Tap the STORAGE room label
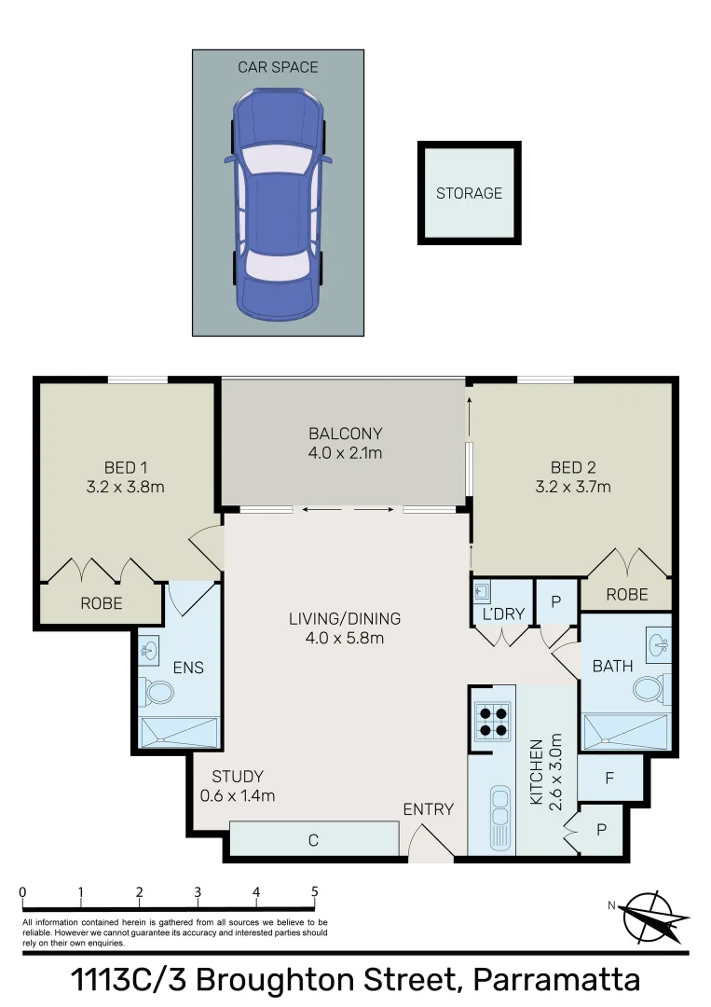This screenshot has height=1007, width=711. [x=469, y=194]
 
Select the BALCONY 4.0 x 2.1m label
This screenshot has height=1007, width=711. [x=346, y=444]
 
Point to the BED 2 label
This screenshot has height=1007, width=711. [x=573, y=468]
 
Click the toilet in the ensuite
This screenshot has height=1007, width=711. [x=157, y=693]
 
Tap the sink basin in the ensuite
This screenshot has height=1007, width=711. [x=149, y=647]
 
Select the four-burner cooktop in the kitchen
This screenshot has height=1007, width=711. [x=493, y=720]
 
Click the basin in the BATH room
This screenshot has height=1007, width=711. [x=658, y=642]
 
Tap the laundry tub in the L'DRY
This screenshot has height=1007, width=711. [x=483, y=591]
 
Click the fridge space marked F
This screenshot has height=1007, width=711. [x=609, y=777]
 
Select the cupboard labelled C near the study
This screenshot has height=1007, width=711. [x=313, y=840]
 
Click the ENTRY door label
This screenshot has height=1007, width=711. [x=428, y=809]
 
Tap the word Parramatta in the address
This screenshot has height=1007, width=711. [x=556, y=981]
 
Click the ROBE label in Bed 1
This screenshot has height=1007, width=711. [x=101, y=603]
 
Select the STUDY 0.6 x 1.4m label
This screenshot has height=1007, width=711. [x=238, y=786]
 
